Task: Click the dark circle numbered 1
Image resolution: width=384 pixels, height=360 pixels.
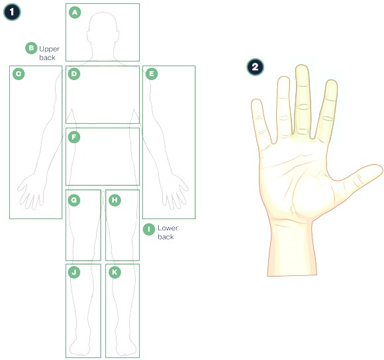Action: [x=12, y=12]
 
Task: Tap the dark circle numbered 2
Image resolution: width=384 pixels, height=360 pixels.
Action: [x=255, y=67]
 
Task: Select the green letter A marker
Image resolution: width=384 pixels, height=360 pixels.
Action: [x=75, y=12]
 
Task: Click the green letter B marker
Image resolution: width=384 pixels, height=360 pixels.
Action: [x=31, y=48]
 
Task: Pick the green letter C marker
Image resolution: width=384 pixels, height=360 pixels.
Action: [x=19, y=73]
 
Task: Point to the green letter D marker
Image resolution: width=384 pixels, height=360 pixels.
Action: [x=74, y=73]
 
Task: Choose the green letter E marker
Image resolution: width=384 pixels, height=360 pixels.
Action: [x=152, y=73]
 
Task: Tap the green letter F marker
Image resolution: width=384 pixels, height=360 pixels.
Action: [x=74, y=137]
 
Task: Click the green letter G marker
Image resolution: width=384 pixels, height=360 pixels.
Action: [x=74, y=201]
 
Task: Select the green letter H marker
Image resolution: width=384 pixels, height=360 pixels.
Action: [x=115, y=201]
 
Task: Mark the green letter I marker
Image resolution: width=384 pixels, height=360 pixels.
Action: [x=149, y=230]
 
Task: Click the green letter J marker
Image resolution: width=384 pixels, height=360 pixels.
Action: [x=74, y=272]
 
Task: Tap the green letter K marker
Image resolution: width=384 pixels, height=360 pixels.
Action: [x=115, y=272]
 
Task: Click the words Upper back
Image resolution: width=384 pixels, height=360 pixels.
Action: [x=49, y=53]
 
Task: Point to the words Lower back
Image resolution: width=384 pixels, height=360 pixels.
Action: [x=168, y=232]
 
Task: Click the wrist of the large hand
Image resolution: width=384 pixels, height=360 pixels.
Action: [x=291, y=247]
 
